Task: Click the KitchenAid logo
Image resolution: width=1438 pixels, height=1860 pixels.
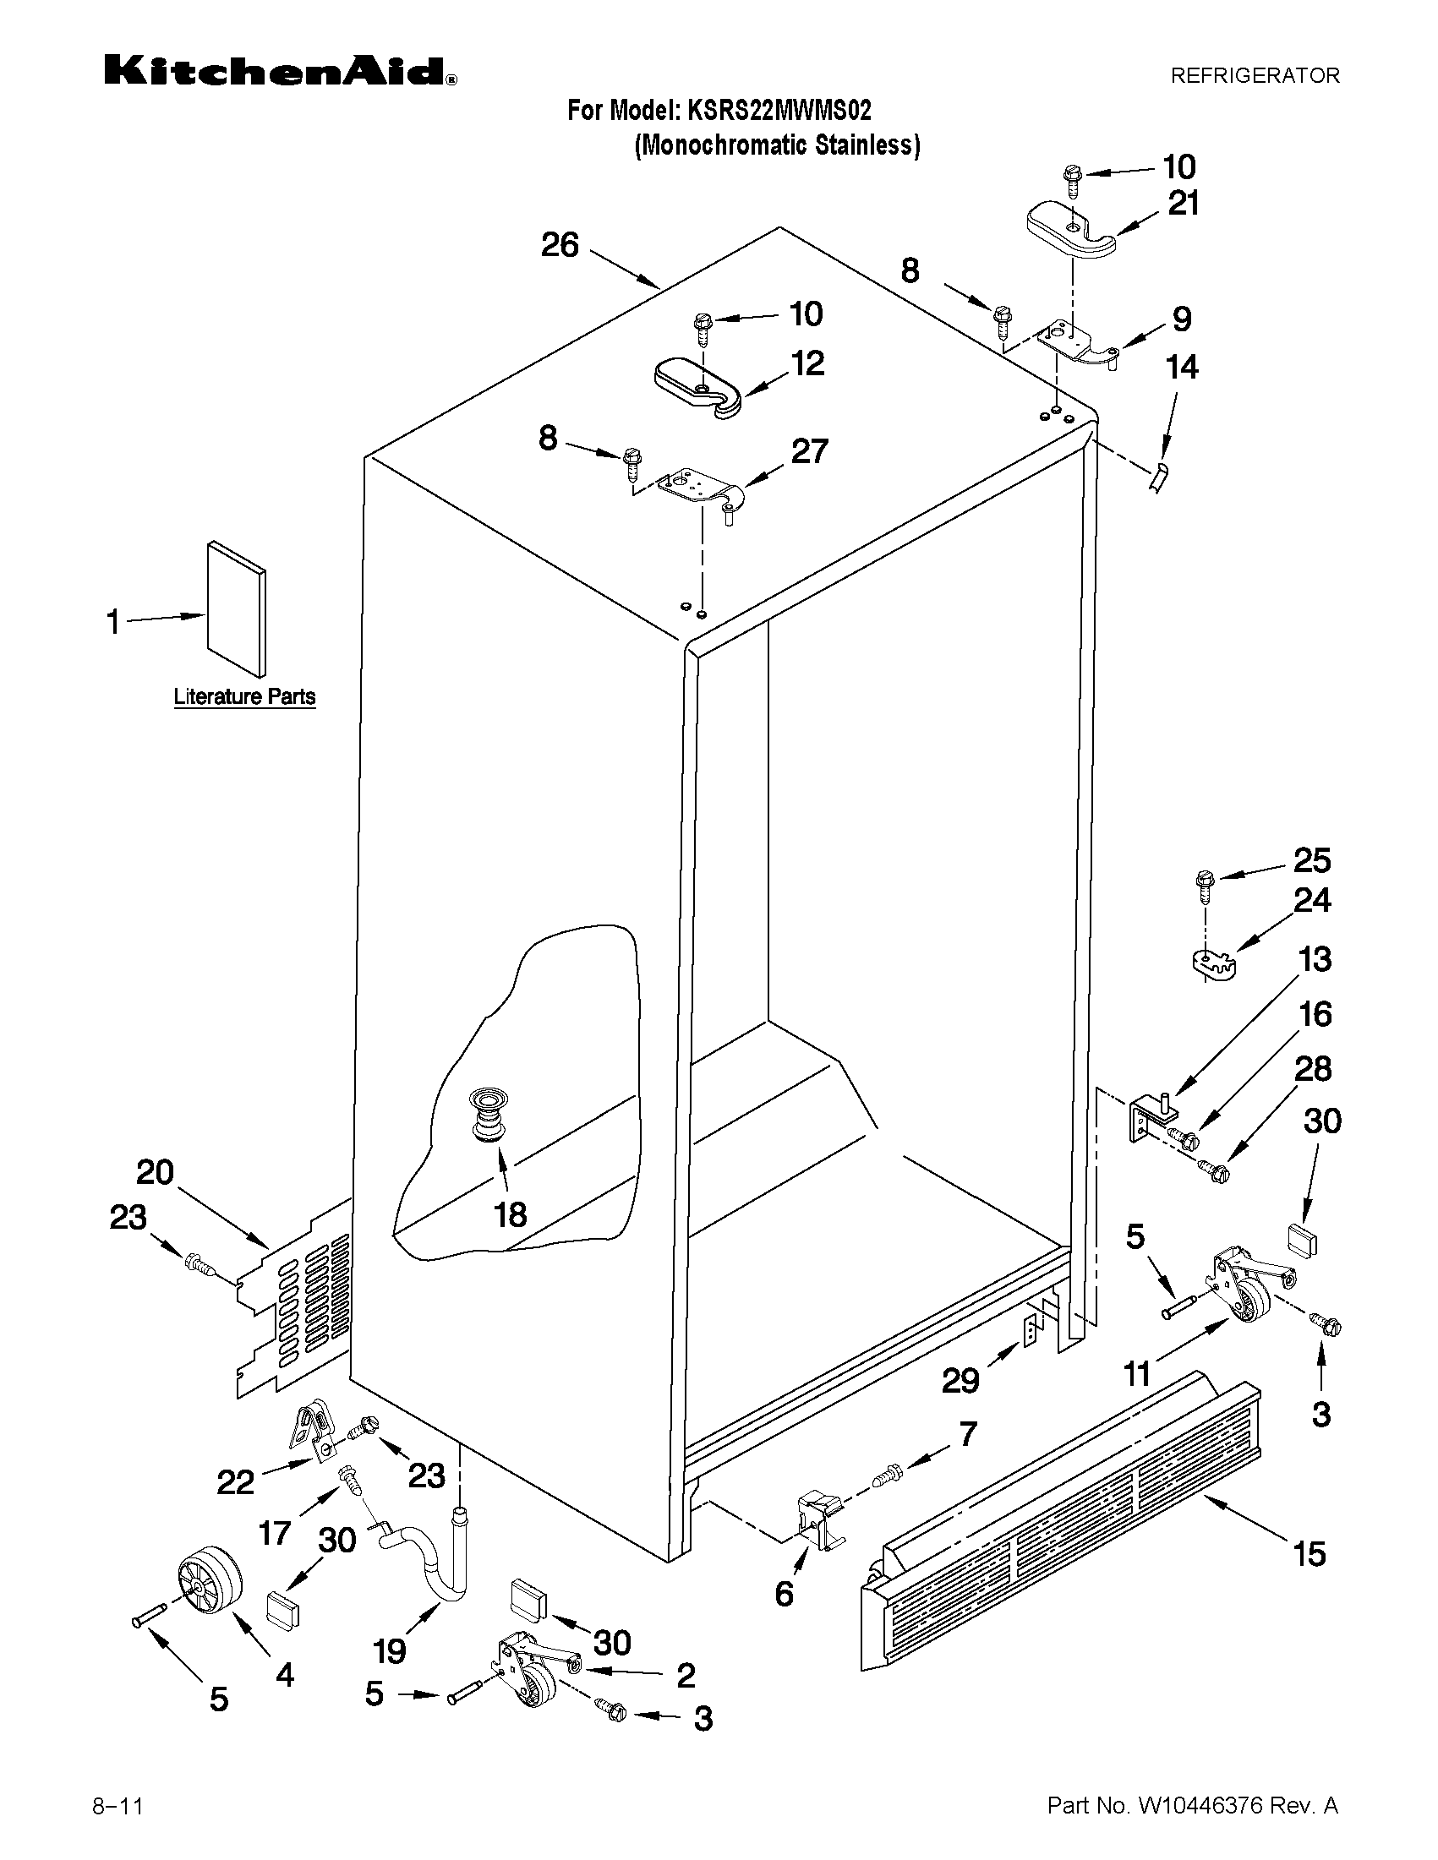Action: [x=280, y=72]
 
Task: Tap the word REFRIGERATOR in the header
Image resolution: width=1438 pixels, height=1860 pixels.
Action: [x=1254, y=76]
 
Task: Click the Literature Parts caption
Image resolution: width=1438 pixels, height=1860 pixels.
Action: [x=244, y=696]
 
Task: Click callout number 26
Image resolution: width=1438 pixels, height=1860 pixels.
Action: [x=560, y=245]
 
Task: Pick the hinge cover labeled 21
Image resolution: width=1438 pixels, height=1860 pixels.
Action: [x=1070, y=230]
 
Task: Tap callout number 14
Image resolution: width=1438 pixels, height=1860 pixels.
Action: [x=1182, y=367]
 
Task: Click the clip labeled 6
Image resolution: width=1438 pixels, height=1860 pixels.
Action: [x=817, y=1520]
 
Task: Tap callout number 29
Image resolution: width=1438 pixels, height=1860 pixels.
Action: [x=960, y=1381]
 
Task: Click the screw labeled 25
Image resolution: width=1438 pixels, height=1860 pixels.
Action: [x=1205, y=886]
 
